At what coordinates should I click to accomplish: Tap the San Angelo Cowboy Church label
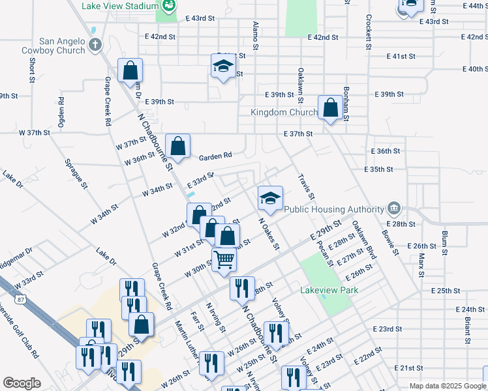(63, 45)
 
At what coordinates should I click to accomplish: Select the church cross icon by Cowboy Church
(96, 45)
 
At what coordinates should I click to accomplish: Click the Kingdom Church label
(284, 112)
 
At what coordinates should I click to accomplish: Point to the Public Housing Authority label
(333, 209)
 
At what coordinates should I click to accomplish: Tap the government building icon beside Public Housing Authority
(394, 209)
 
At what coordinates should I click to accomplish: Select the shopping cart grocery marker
(224, 259)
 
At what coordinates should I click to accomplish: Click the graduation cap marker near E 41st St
(223, 66)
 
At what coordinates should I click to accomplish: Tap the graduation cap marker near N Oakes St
(270, 198)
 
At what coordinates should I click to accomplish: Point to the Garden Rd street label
(215, 156)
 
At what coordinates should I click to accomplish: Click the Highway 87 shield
(23, 299)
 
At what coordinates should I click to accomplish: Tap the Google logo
(22, 383)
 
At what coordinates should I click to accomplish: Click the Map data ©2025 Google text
(448, 386)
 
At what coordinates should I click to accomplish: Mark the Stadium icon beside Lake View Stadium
(169, 7)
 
